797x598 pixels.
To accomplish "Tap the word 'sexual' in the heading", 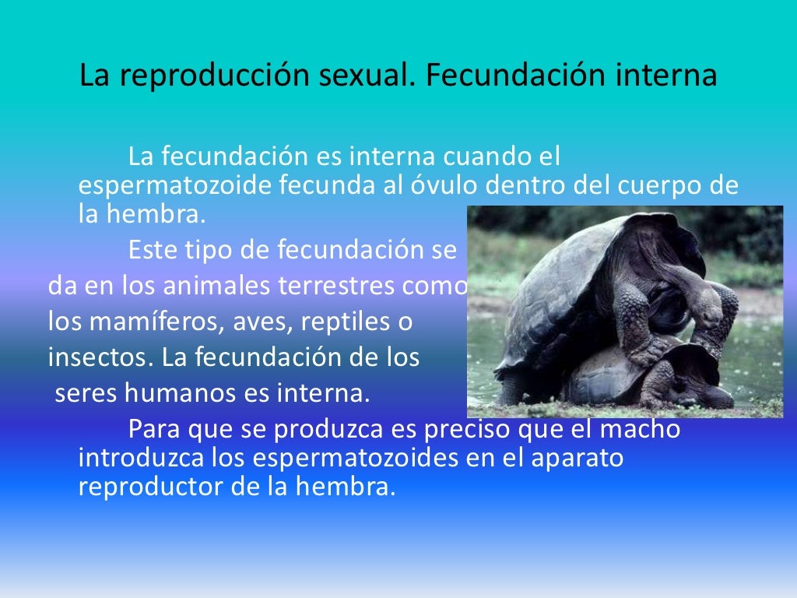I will coord(356,77).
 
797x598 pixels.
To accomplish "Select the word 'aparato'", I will coord(578,458).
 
